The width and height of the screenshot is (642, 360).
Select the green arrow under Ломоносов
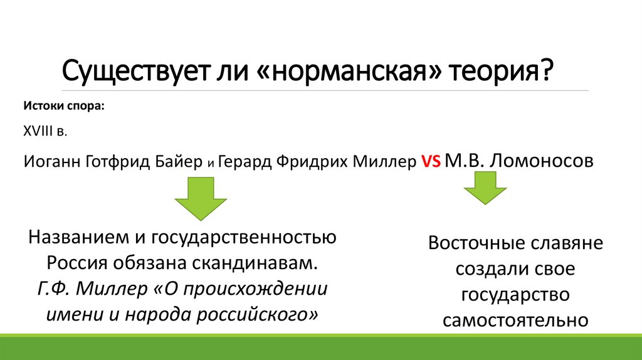tap(485, 188)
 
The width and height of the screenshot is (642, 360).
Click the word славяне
tap(569, 243)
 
